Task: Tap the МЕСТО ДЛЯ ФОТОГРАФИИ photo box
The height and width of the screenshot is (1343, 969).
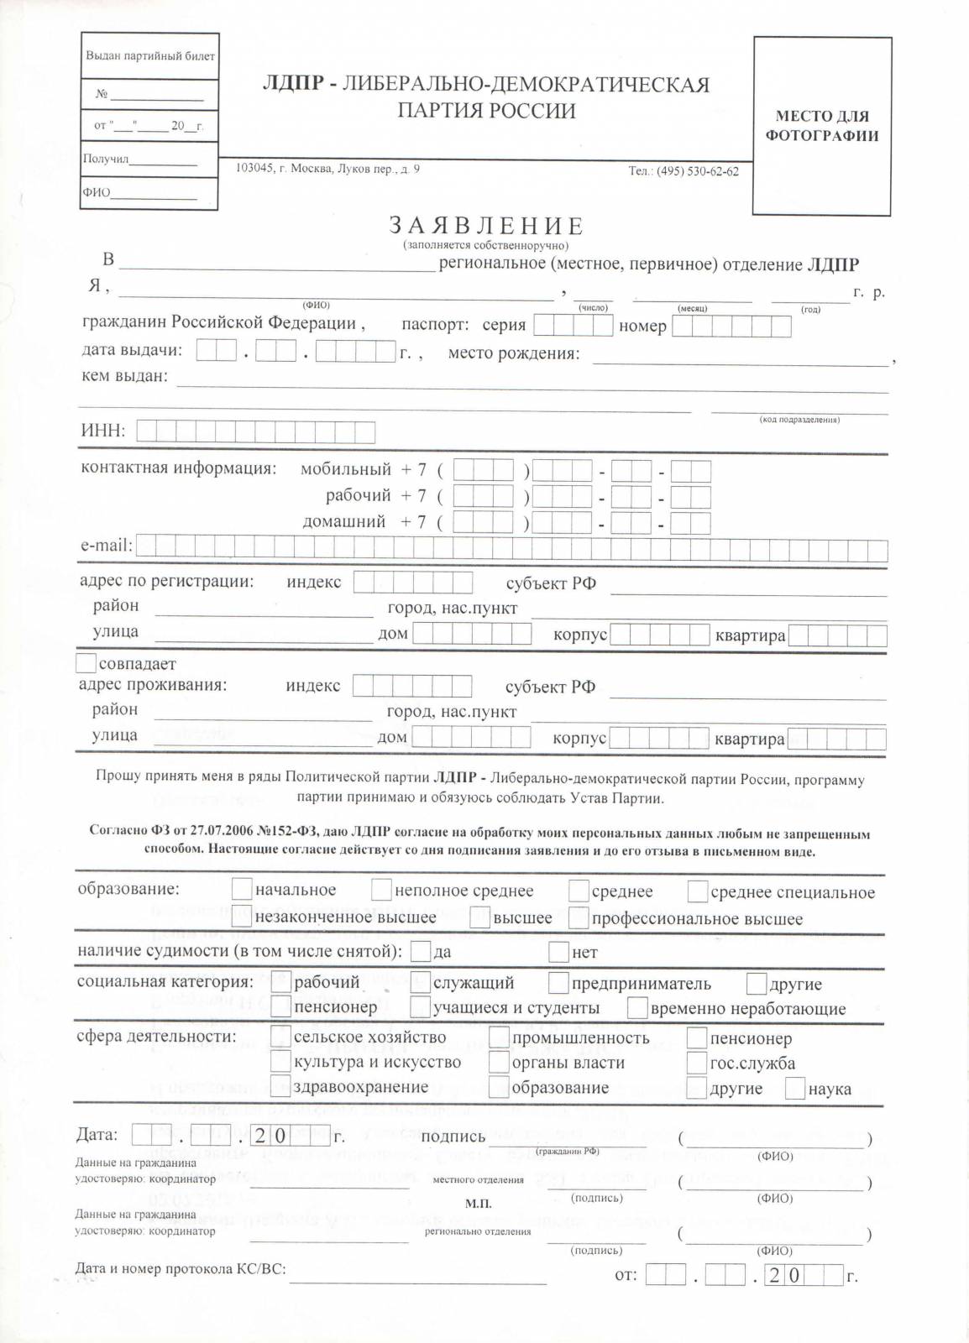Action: coord(821,126)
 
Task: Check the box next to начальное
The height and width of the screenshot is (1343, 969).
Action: coord(241,889)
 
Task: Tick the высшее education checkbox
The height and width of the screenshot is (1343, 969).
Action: coord(479,917)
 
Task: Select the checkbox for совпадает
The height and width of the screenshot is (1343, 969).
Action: coord(86,663)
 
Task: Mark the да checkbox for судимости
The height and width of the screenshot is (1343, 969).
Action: coord(421,952)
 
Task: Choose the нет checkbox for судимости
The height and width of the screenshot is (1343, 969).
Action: coord(558,952)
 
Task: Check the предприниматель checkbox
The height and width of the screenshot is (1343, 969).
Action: coord(558,983)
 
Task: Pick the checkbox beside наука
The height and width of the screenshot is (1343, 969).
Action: coord(794,1089)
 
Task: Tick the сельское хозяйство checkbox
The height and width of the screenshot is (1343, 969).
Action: coord(280,1037)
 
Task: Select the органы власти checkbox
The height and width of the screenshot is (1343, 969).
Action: coord(499,1063)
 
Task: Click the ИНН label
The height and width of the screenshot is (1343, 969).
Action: coord(102,431)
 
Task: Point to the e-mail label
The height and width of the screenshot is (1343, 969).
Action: coord(106,546)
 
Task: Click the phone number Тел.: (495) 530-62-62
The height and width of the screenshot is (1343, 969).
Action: coord(684,171)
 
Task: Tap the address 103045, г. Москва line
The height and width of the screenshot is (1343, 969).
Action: coord(327,169)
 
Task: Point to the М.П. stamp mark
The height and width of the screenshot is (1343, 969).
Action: coord(478,1203)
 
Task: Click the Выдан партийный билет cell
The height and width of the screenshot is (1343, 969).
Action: coord(150,56)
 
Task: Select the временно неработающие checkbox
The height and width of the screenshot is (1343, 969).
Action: coord(637,1007)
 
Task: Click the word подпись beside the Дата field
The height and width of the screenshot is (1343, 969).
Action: coord(453,1137)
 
